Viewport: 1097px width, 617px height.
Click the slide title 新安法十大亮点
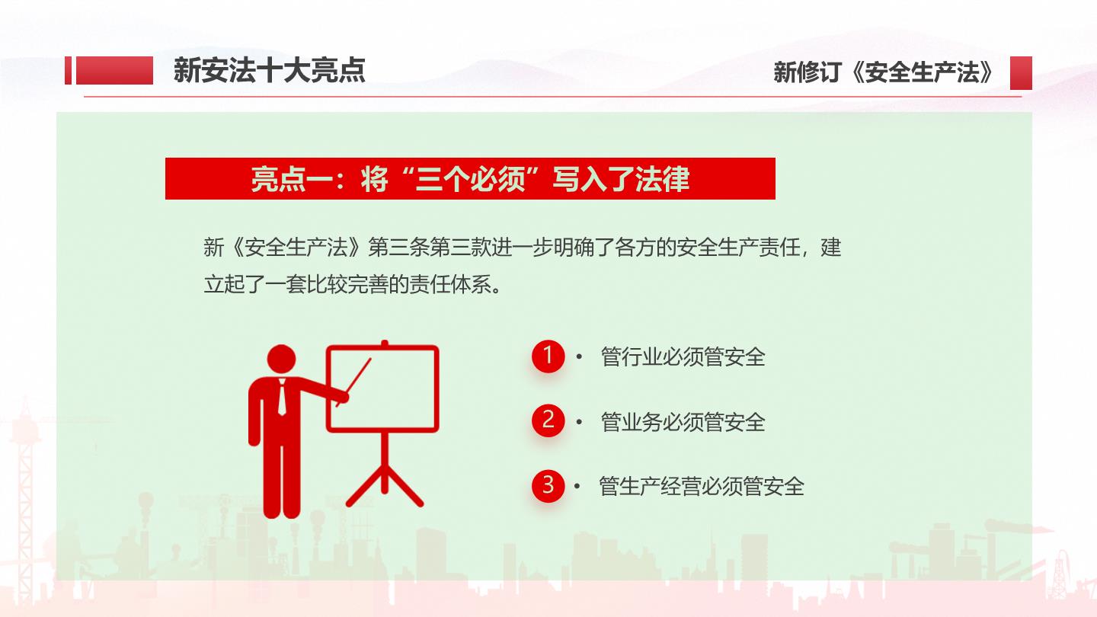270,71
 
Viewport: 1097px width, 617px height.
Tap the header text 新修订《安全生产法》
884,72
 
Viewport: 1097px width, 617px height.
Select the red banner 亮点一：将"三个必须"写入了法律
470,179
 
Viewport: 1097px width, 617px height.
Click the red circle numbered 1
548,356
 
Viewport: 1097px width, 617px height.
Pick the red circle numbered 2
548,420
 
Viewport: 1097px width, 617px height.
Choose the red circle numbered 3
548,486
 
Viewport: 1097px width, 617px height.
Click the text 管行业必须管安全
683,357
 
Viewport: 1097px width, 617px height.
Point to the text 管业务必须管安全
683,422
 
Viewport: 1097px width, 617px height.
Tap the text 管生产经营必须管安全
702,487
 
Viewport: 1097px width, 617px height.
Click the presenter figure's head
282,360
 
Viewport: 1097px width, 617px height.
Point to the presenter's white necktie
282,398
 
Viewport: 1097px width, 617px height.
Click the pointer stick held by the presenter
354,382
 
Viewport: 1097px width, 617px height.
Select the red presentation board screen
382,388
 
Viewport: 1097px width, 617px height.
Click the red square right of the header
1021,73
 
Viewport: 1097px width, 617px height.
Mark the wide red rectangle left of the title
114,71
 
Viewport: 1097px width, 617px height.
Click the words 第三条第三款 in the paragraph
430,248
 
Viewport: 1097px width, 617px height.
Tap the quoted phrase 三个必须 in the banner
470,179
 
